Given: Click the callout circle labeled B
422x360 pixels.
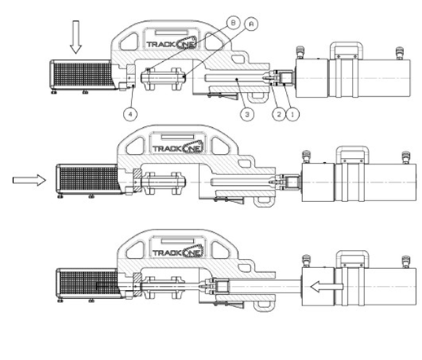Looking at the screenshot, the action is click(233, 23).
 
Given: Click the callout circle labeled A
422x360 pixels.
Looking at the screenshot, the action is click(252, 24).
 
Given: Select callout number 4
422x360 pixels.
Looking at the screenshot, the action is click(130, 114).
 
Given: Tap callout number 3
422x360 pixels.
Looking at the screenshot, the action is click(247, 114).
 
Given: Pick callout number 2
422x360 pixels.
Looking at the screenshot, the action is click(279, 114).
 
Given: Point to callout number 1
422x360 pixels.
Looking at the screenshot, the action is click(292, 114).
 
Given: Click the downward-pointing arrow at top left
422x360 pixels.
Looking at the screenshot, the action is click(76, 37).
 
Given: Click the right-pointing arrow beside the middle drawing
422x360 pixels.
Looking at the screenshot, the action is click(29, 180).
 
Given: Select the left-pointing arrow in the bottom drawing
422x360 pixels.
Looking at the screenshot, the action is click(327, 287).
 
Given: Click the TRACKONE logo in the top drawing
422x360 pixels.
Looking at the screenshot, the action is click(171, 43).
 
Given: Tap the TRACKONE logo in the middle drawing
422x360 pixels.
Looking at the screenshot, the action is click(178, 148).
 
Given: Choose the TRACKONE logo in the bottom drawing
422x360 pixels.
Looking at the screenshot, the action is click(178, 252).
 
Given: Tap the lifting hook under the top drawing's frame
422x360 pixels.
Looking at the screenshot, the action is click(257, 98).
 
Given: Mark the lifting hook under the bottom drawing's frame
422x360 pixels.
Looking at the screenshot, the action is click(263, 306).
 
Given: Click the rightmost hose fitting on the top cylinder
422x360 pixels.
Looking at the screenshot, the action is click(399, 53).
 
